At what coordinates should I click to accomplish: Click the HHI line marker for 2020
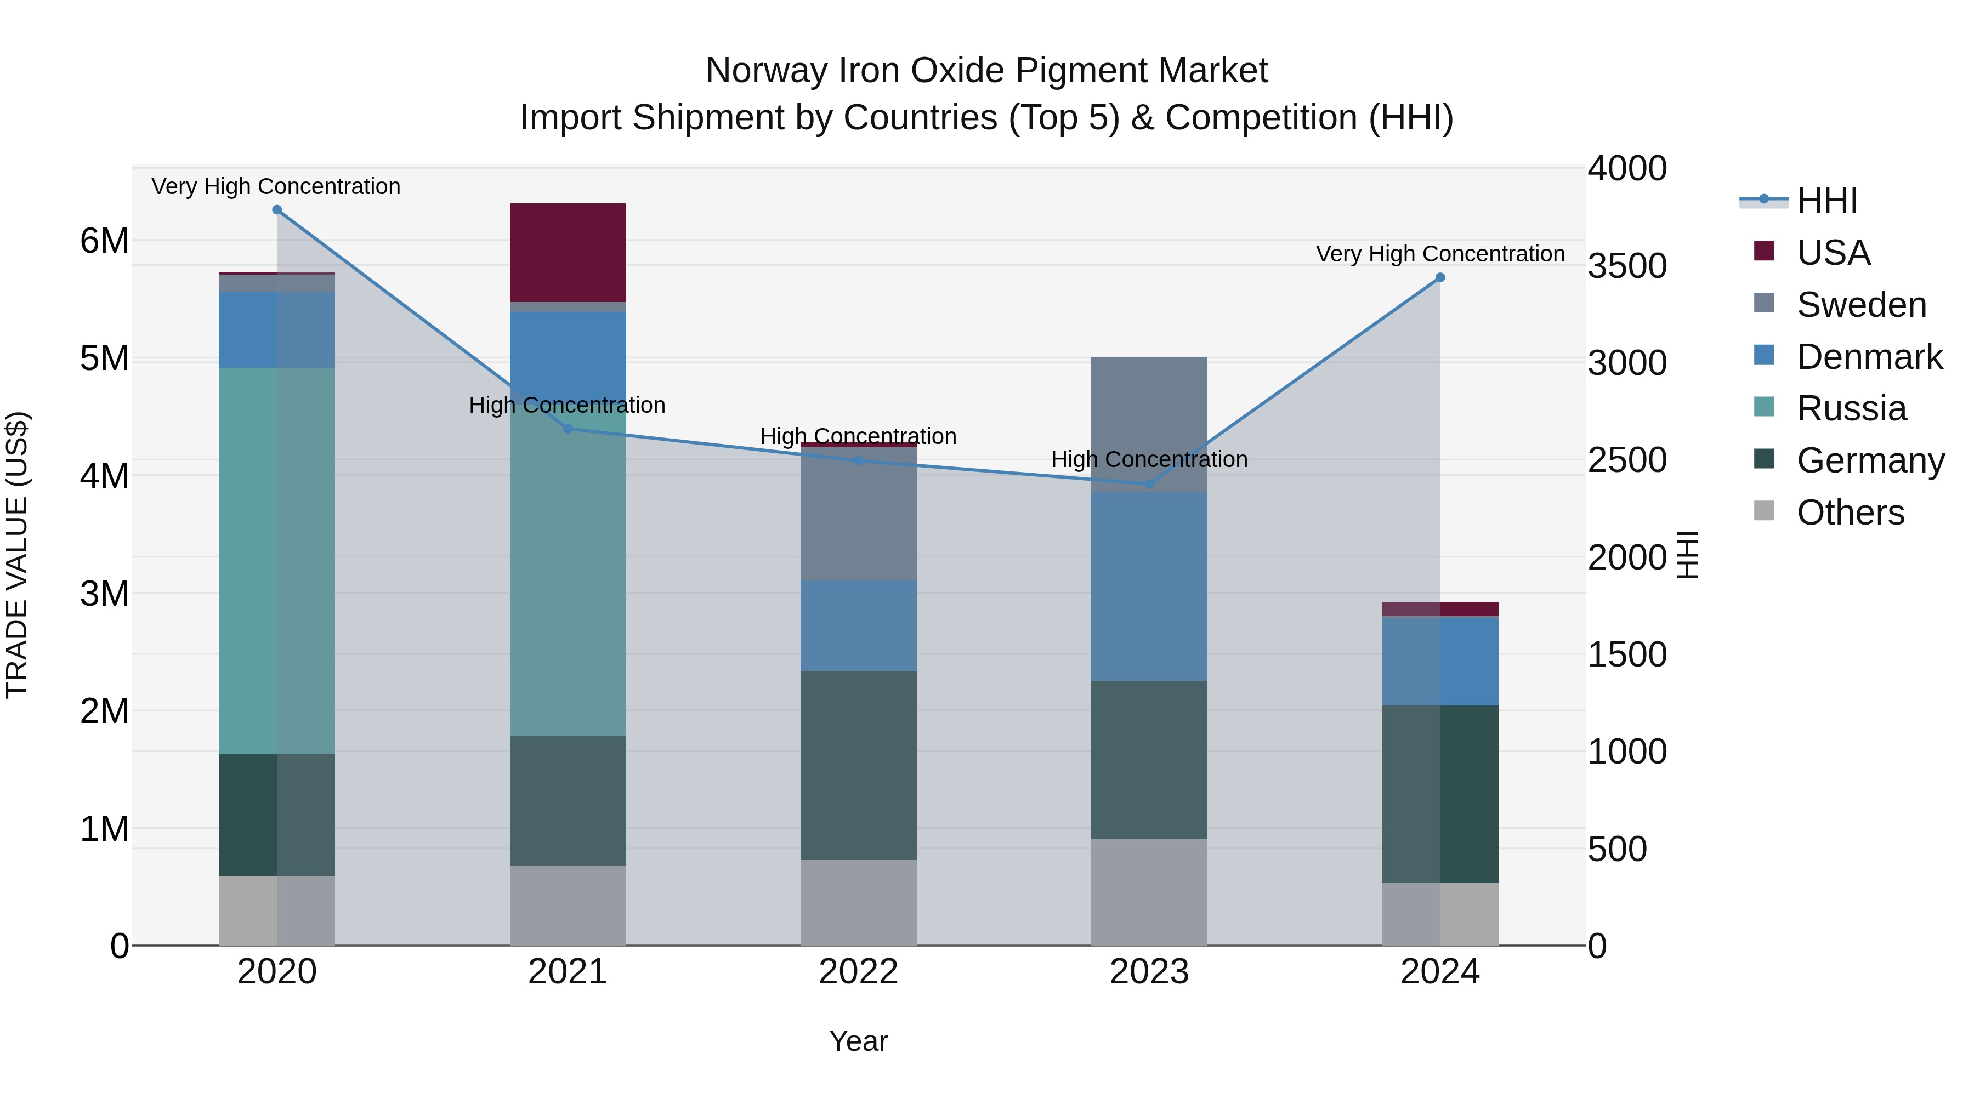pyautogui.click(x=277, y=210)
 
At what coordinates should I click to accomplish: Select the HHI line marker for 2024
pyautogui.click(x=1440, y=277)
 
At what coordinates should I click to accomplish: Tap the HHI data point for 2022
pyautogui.click(x=858, y=460)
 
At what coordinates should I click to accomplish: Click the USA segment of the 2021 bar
pyautogui.click(x=568, y=252)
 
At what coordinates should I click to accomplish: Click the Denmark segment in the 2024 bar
pyautogui.click(x=1440, y=661)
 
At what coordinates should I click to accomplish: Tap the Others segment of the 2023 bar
pyautogui.click(x=1149, y=892)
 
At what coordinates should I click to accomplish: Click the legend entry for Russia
pyautogui.click(x=1851, y=408)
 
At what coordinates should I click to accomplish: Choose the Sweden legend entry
pyautogui.click(x=1860, y=305)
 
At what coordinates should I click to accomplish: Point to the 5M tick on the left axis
pyautogui.click(x=104, y=358)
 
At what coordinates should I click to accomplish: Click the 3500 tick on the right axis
pyautogui.click(x=1627, y=266)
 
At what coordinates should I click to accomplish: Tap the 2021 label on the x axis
pyautogui.click(x=568, y=972)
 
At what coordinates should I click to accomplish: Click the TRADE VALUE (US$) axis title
pyautogui.click(x=18, y=555)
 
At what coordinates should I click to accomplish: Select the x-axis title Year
pyautogui.click(x=858, y=1041)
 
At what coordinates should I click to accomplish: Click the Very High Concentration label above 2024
pyautogui.click(x=1440, y=254)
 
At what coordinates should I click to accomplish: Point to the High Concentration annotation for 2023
pyautogui.click(x=1149, y=460)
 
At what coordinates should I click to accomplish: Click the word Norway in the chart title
pyautogui.click(x=767, y=71)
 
